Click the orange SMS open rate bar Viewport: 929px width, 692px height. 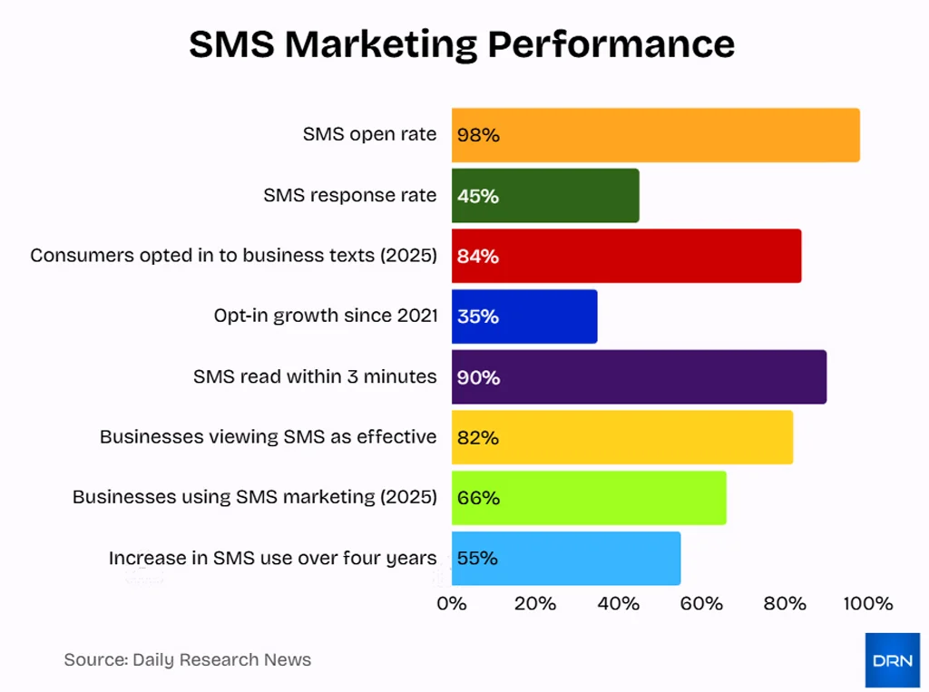pyautogui.click(x=656, y=135)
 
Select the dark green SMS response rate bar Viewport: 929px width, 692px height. pyautogui.click(x=545, y=195)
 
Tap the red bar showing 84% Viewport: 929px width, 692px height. pyautogui.click(x=626, y=256)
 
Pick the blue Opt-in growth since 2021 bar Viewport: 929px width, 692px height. pyautogui.click(x=524, y=317)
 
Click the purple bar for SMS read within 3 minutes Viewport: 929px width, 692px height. pyautogui.click(x=639, y=376)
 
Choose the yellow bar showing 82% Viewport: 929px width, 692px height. pyautogui.click(x=622, y=437)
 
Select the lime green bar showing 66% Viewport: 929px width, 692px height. pyautogui.click(x=589, y=498)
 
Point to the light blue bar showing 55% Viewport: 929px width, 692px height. pyautogui.click(x=566, y=558)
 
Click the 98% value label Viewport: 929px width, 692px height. pyautogui.click(x=478, y=135)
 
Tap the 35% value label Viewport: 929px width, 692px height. pyautogui.click(x=478, y=317)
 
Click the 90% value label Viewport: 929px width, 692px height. pyautogui.click(x=478, y=377)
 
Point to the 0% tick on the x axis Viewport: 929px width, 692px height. pyautogui.click(x=452, y=604)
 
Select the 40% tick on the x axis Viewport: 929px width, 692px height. pyautogui.click(x=619, y=604)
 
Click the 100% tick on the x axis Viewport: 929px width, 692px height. pyautogui.click(x=868, y=604)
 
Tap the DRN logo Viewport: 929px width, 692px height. pyautogui.click(x=892, y=660)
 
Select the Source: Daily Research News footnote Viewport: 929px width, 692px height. pyautogui.click(x=188, y=660)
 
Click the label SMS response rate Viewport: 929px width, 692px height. pyautogui.click(x=350, y=195)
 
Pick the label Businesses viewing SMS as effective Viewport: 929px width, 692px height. pyautogui.click(x=269, y=437)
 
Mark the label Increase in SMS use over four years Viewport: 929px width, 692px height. pyautogui.click(x=273, y=558)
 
